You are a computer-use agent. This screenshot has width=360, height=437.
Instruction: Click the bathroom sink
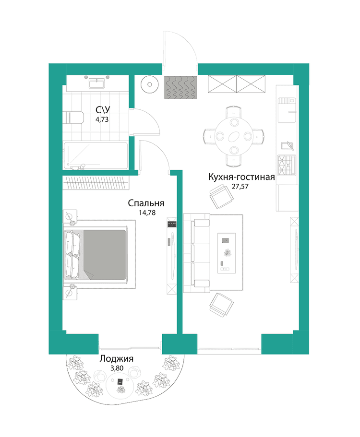pyautogui.click(x=100, y=83)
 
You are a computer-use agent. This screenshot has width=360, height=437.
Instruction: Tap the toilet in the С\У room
pyautogui.click(x=74, y=118)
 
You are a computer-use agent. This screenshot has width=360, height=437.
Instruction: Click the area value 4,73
pyautogui.click(x=102, y=120)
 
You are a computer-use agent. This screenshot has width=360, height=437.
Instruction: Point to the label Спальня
pyautogui.click(x=146, y=203)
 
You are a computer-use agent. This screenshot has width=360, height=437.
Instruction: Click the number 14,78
pyautogui.click(x=146, y=212)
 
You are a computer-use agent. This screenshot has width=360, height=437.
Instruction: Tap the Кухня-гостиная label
pyautogui.click(x=241, y=177)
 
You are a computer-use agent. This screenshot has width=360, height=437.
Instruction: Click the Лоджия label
pyautogui.click(x=116, y=359)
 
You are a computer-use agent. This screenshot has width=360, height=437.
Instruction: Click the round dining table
pyautogui.click(x=233, y=136)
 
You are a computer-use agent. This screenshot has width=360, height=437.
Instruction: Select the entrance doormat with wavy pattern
pyautogui.click(x=181, y=87)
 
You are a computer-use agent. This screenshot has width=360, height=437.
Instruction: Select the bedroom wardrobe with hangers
pyautogui.click(x=96, y=182)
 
